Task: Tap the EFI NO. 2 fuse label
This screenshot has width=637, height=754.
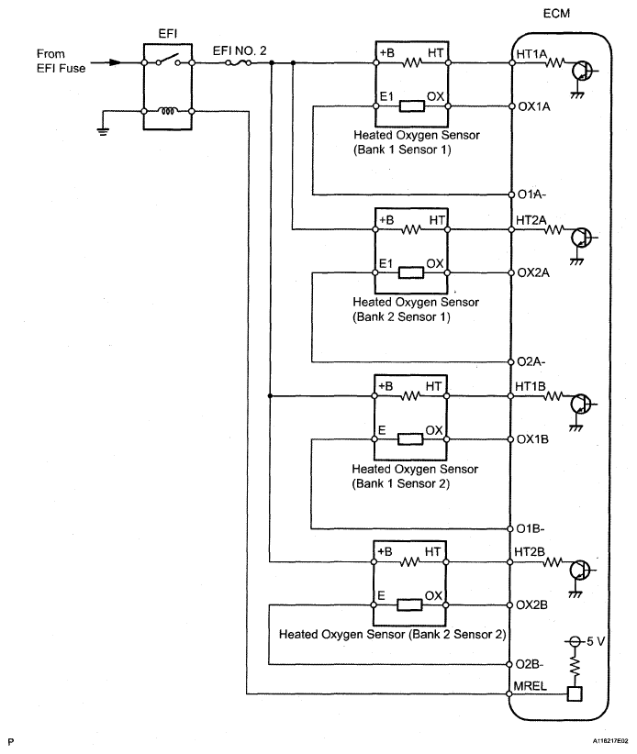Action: pyautogui.click(x=240, y=50)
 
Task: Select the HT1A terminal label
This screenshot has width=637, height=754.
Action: pyautogui.click(x=532, y=54)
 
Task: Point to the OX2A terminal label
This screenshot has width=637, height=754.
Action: pyautogui.click(x=534, y=272)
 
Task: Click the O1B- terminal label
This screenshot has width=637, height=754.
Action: pyautogui.click(x=531, y=529)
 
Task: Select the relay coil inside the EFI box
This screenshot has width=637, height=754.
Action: pyautogui.click(x=168, y=113)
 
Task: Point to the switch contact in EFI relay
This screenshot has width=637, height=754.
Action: pyautogui.click(x=168, y=61)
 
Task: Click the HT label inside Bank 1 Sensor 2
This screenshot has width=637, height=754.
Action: pyautogui.click(x=435, y=386)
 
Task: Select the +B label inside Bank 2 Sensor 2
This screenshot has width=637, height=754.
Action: pyautogui.click(x=386, y=551)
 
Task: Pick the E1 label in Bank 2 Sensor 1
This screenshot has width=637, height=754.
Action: pyautogui.click(x=386, y=263)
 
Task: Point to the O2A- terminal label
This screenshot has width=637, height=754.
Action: pyautogui.click(x=531, y=361)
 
